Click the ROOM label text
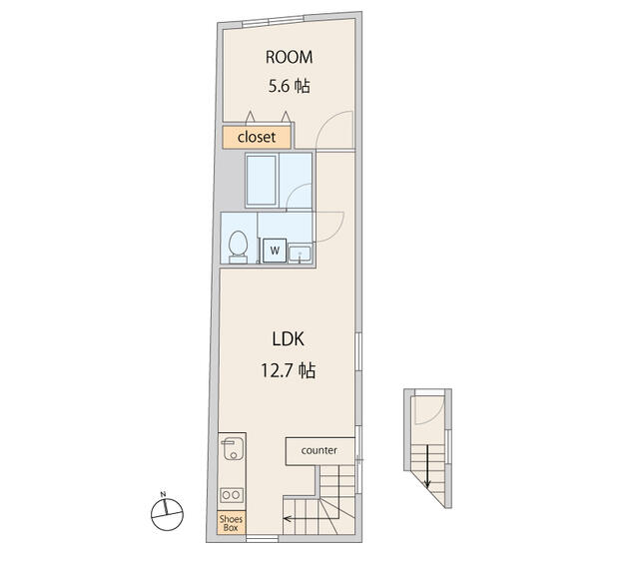[x=289, y=57]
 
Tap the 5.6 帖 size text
[x=289, y=86]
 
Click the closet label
[x=257, y=137]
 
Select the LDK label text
[x=288, y=339]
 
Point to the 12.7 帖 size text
[x=288, y=370]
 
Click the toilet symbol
[x=238, y=247]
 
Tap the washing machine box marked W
[x=275, y=251]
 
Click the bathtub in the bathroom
[x=262, y=180]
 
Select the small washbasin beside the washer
[x=300, y=255]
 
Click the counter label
[x=319, y=450]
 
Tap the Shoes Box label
[x=231, y=523]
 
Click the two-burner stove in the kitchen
[x=232, y=495]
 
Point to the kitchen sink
[x=233, y=449]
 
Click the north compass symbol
[x=167, y=514]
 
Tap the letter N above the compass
[x=163, y=494]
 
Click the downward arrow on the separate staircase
[x=427, y=466]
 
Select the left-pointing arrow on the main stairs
[x=312, y=519]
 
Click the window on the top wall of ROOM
[x=273, y=20]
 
